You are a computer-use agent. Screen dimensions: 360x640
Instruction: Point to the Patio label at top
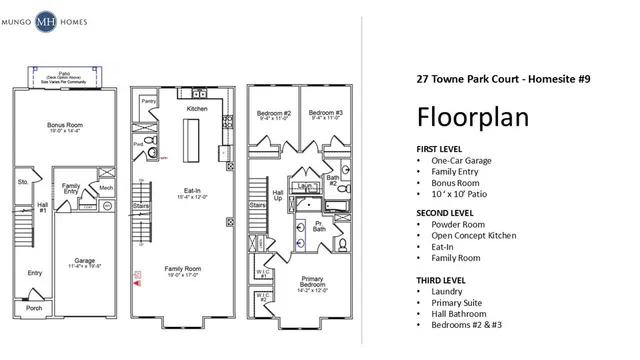tap(64, 74)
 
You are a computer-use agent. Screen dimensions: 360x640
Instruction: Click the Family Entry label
tap(71, 189)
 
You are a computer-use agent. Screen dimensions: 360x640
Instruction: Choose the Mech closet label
tap(105, 187)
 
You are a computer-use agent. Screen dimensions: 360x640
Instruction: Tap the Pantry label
tap(148, 101)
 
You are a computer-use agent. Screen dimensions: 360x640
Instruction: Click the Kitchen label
tap(196, 108)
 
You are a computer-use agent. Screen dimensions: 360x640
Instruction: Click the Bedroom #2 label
tap(272, 113)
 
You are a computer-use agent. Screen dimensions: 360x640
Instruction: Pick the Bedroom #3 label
tap(326, 113)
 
